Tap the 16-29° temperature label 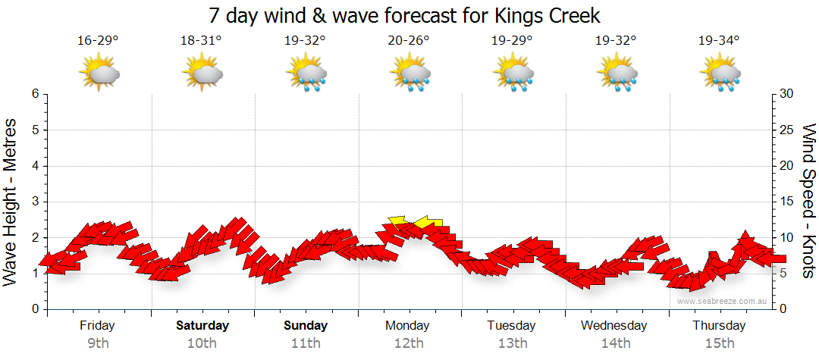(99, 40)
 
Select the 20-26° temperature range (409, 40)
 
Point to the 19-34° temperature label (719, 40)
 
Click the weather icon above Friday (99, 74)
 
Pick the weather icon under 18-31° (202, 74)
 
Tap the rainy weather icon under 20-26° (410, 74)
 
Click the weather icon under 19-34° (720, 74)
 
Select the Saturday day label (202, 326)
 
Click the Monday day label (409, 326)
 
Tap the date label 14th (615, 343)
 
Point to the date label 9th (99, 343)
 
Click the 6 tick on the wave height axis (35, 94)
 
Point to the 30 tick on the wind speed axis (788, 94)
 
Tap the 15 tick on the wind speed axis (788, 202)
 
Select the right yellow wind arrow (429, 221)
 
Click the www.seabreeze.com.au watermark (723, 301)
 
